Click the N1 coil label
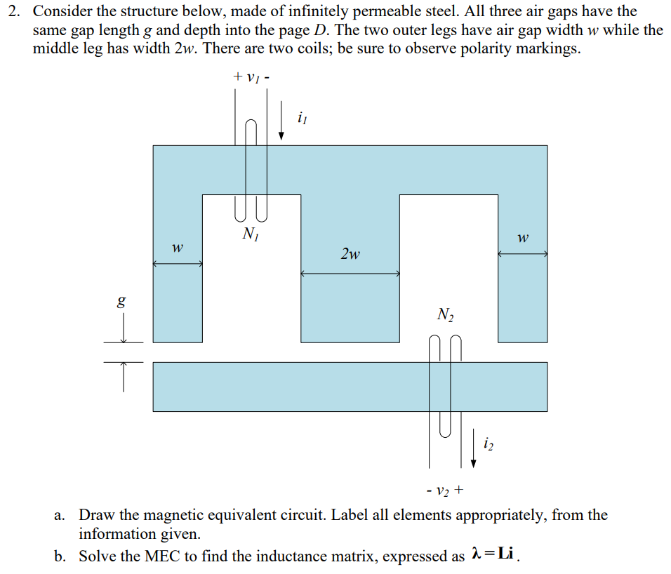[x=249, y=234]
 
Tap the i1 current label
[x=303, y=119]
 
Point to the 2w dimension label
[x=350, y=253]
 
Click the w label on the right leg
[x=521, y=239]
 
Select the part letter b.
[x=60, y=556]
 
